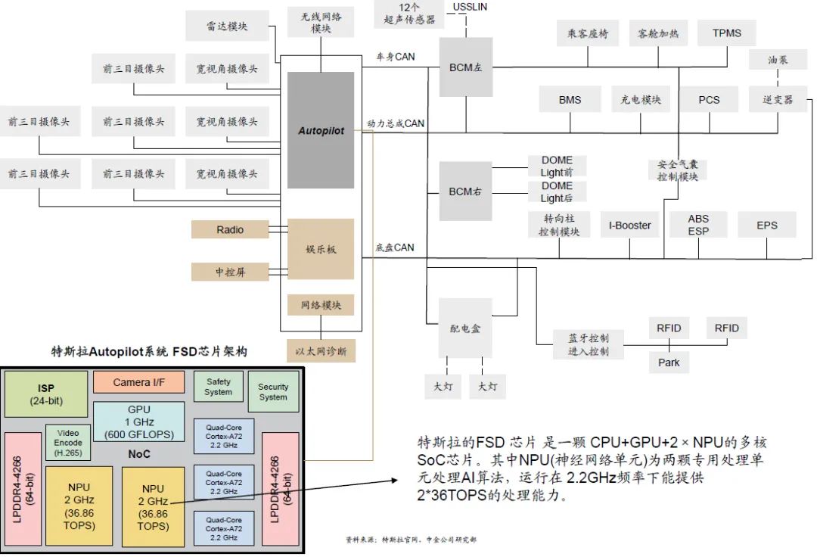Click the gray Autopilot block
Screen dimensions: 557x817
(x=321, y=130)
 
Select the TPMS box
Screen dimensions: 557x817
(x=726, y=33)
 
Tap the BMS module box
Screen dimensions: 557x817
(x=570, y=100)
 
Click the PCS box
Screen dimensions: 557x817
(x=709, y=100)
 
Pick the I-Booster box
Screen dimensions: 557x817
(x=629, y=226)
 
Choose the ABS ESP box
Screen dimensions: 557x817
(x=698, y=226)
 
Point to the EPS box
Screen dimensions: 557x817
(x=766, y=226)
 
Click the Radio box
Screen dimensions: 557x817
(x=229, y=229)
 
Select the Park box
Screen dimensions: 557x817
(x=668, y=363)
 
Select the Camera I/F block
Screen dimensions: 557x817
(x=138, y=382)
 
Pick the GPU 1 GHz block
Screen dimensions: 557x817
(x=138, y=422)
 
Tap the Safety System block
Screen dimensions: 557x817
(x=218, y=387)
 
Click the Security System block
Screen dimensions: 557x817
(x=273, y=391)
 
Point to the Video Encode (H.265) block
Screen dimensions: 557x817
(x=69, y=442)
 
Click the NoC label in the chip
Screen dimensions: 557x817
(x=138, y=454)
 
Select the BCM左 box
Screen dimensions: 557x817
(x=465, y=67)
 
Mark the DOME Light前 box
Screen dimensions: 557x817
(x=557, y=166)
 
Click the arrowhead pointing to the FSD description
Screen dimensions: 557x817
(x=396, y=481)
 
